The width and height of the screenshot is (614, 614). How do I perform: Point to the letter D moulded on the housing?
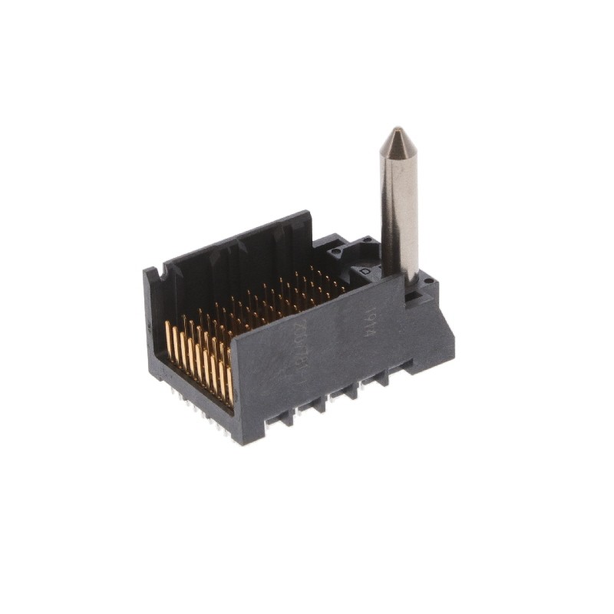[x=367, y=271]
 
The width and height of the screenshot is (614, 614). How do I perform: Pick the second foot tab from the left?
[x=318, y=403]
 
